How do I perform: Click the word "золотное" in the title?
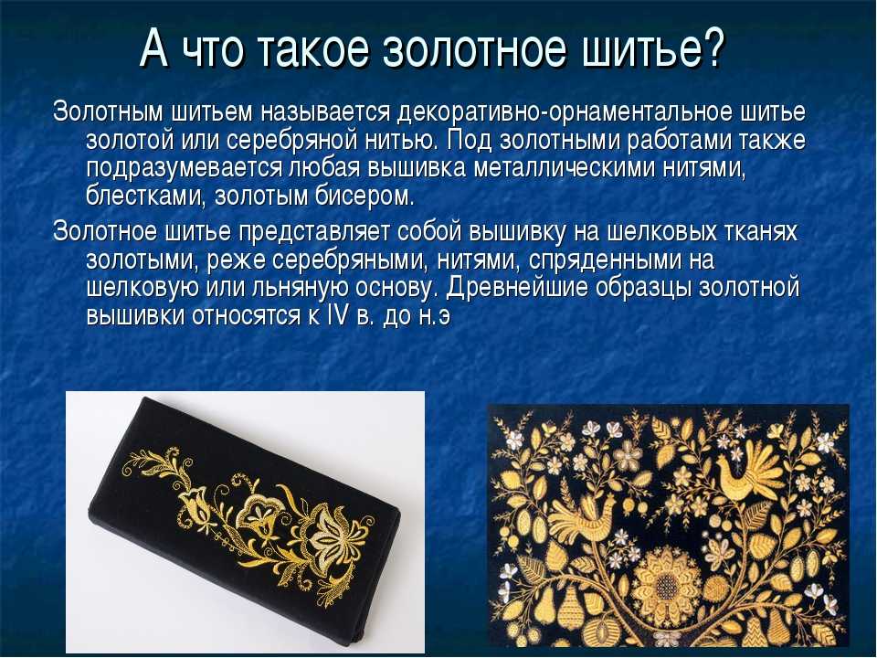tap(475, 49)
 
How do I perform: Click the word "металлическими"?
tap(565, 169)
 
